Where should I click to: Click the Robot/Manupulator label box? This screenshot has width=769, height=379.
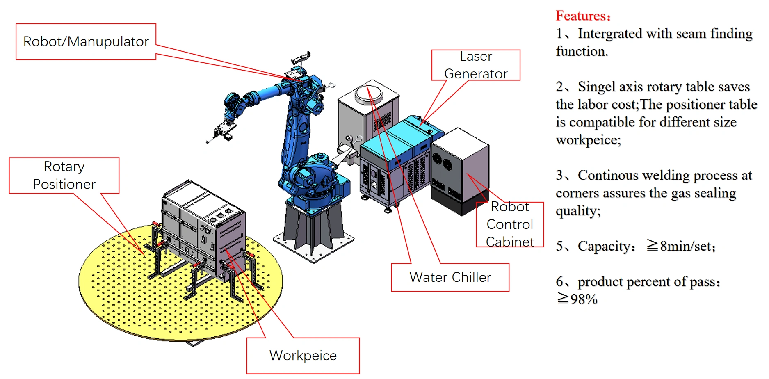tap(86, 41)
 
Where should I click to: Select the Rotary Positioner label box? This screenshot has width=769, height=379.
tap(64, 176)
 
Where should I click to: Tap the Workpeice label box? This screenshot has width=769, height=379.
tap(303, 355)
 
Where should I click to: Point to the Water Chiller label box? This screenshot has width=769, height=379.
tap(450, 277)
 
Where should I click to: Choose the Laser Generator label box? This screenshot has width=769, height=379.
tap(476, 65)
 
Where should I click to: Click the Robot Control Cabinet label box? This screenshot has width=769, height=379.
tap(510, 224)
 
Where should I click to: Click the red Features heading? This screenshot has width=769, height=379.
tap(583, 16)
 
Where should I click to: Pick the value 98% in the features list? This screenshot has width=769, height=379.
tap(583, 299)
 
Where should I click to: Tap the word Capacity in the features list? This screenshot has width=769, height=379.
tap(606, 246)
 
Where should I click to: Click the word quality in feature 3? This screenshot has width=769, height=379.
tap(577, 211)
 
